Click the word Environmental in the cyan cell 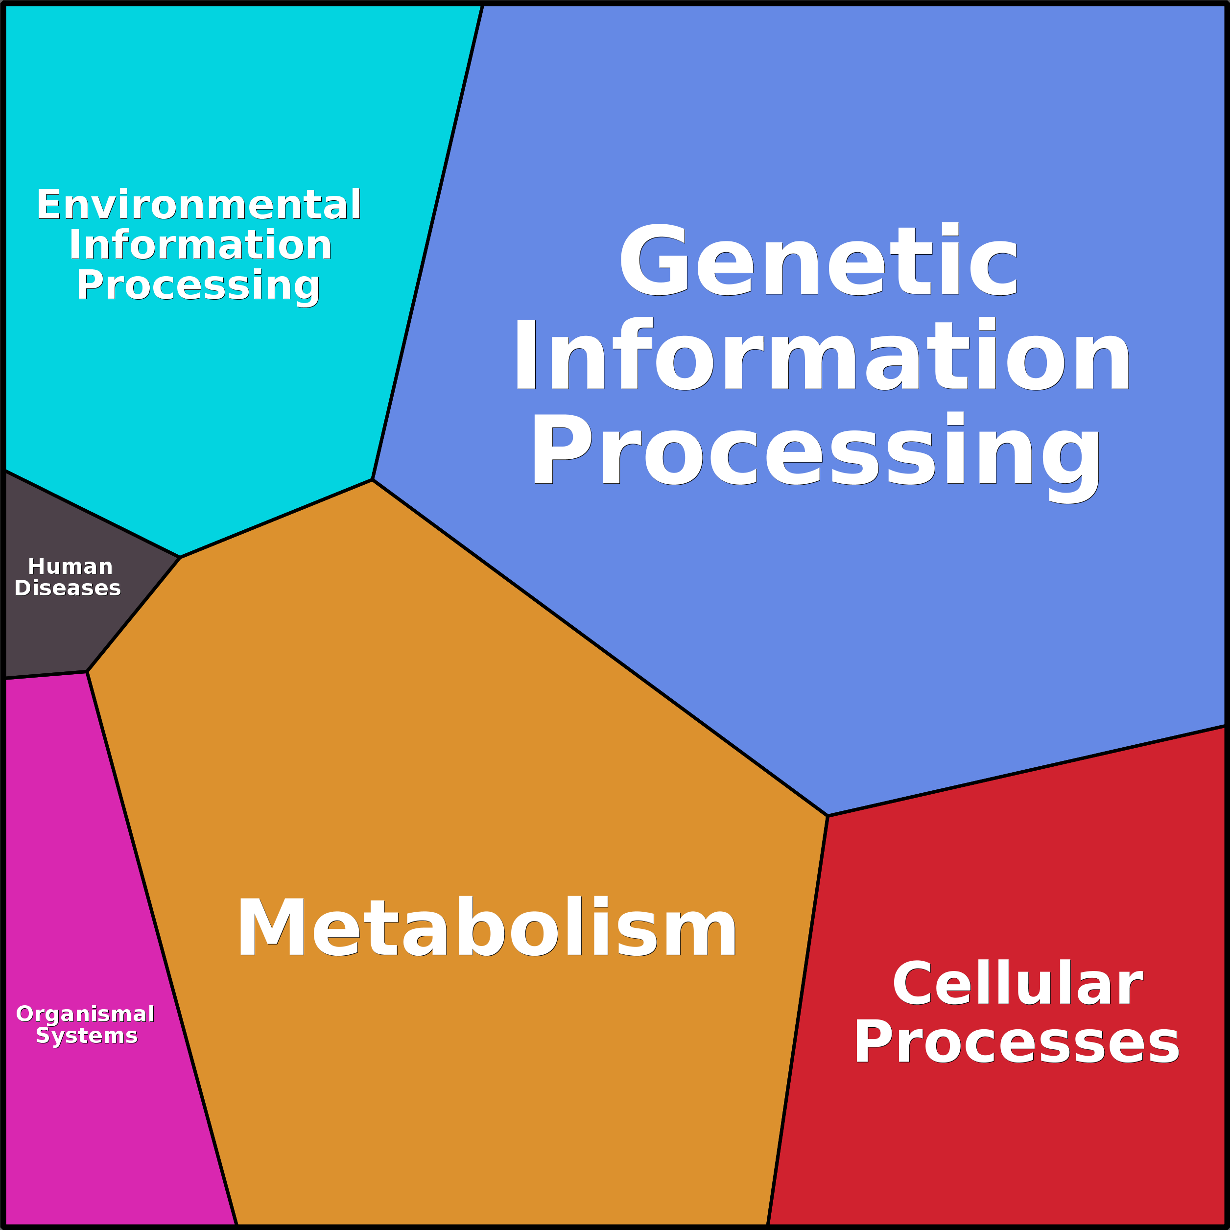point(199,205)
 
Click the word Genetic point(818,261)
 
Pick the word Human point(70,567)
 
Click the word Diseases point(68,588)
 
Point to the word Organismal point(85,1014)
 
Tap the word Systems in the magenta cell point(87,1036)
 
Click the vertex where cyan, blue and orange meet point(373,480)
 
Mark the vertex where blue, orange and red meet point(828,816)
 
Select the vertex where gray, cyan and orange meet point(180,557)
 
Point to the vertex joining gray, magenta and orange point(87,672)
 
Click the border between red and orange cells point(798,1018)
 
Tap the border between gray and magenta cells point(46,675)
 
